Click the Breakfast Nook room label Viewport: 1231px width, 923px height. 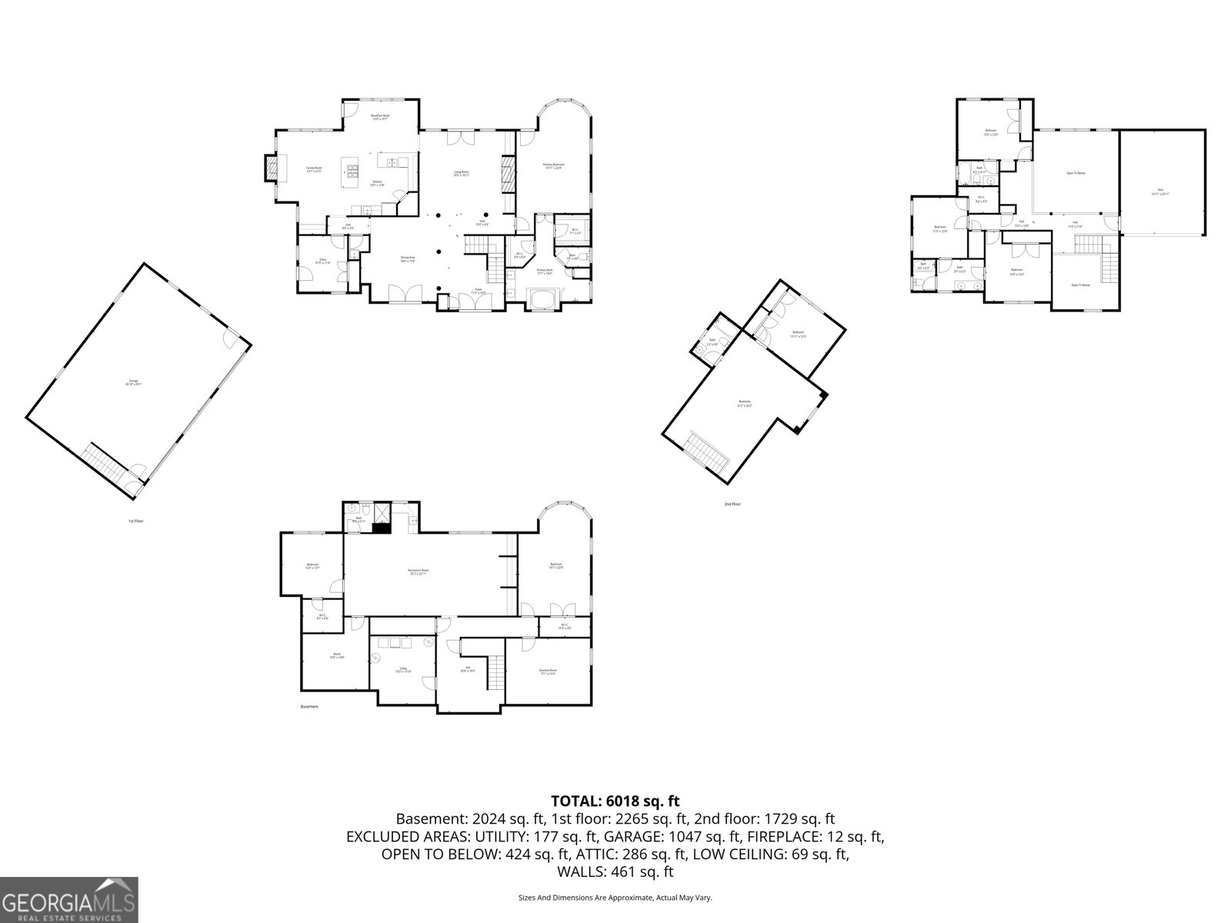tap(381, 117)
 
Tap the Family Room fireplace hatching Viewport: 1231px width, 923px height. tap(272, 168)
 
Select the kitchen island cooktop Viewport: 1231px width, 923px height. tap(353, 171)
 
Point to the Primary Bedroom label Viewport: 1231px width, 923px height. tap(553, 165)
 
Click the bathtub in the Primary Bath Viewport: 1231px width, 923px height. tap(545, 298)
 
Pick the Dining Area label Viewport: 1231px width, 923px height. tap(408, 259)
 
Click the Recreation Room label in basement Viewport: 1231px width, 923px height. tap(419, 571)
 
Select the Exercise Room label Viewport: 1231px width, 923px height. tap(548, 671)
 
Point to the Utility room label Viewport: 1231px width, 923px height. tap(403, 669)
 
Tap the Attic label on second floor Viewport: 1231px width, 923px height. tap(1159, 192)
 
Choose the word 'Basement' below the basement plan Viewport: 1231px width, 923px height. tap(309, 707)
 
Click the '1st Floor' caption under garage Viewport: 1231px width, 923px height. tap(136, 521)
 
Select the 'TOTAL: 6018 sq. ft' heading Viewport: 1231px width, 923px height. tap(615, 801)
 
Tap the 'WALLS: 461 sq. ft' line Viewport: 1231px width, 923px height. tap(615, 872)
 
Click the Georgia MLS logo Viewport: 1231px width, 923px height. tap(69, 899)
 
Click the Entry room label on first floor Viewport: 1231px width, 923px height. tap(323, 261)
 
